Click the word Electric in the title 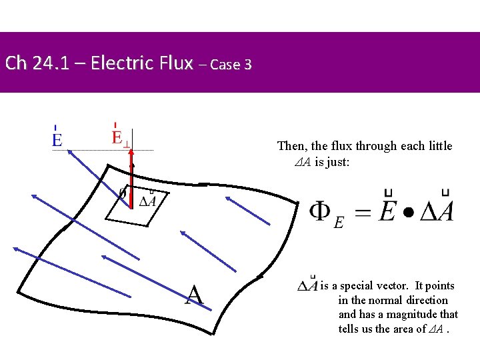pyautogui.click(x=121, y=63)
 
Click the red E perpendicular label pyautogui.click(x=121, y=139)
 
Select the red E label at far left pyautogui.click(x=57, y=139)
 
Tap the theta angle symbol pyautogui.click(x=123, y=193)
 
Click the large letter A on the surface pyautogui.click(x=194, y=294)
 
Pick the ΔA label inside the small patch pyautogui.click(x=148, y=200)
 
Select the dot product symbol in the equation pyautogui.click(x=407, y=213)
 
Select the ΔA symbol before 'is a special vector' pyautogui.click(x=307, y=285)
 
